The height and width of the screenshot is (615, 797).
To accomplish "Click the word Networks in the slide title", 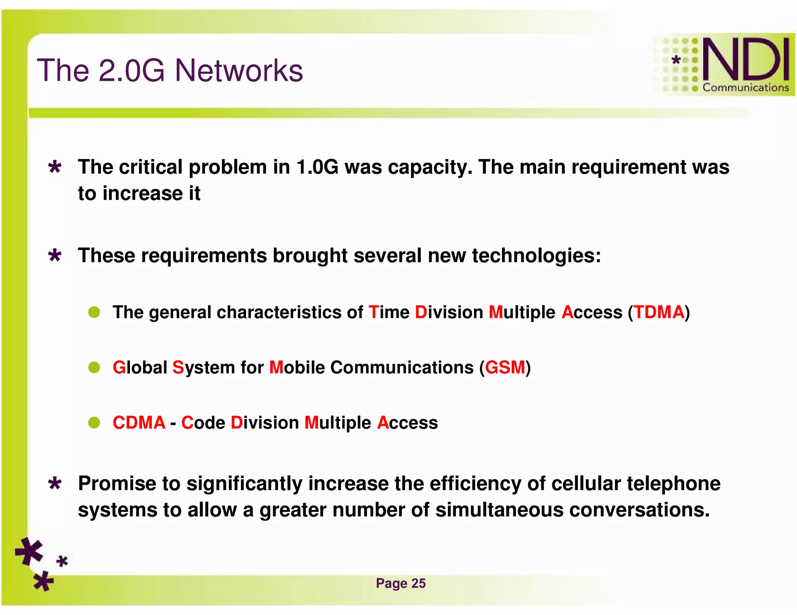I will [x=239, y=71].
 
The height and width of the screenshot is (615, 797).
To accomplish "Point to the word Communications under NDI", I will [x=745, y=88].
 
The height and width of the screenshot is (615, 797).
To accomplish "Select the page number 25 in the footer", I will [x=418, y=583].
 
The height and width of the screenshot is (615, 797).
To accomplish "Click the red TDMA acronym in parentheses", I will [x=659, y=312].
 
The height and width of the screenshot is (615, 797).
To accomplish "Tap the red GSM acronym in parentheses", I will [x=505, y=367].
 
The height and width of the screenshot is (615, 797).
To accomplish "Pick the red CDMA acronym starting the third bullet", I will [x=139, y=423].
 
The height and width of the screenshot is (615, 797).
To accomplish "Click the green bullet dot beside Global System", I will [x=94, y=367].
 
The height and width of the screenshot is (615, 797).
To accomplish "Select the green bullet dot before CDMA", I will [x=94, y=423].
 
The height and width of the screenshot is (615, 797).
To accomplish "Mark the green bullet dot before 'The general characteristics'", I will [x=94, y=312].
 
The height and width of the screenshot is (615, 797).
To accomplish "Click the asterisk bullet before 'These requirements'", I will [x=55, y=256].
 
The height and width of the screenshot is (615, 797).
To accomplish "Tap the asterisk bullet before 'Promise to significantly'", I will [x=55, y=484].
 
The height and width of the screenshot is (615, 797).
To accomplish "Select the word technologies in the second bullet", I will [x=536, y=256].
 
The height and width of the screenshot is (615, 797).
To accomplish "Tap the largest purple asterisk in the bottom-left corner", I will [x=29, y=551].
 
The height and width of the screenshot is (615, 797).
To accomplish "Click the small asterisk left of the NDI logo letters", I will [x=676, y=60].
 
